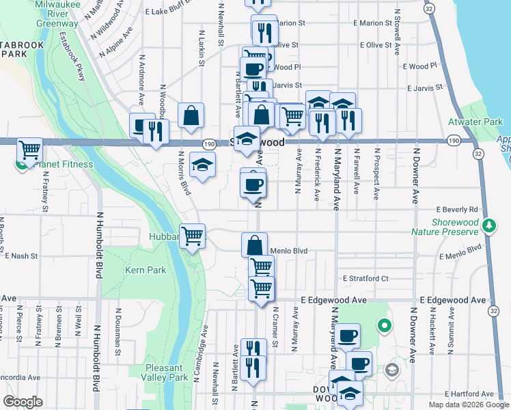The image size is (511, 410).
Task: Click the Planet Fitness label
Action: [61, 164]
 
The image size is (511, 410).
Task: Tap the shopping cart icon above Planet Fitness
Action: [29, 148]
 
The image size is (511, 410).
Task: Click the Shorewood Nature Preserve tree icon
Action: [488, 224]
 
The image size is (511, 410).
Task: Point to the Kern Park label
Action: [146, 270]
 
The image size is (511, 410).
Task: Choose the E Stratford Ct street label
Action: [365, 278]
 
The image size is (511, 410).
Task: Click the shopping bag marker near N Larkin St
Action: [191, 116]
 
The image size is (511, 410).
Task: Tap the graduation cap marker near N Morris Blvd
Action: [202, 165]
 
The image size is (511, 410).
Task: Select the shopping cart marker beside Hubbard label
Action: [193, 236]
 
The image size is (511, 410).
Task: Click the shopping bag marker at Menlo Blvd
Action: [254, 245]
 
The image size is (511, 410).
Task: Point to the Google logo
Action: [23, 402]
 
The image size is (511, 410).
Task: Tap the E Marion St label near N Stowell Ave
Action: [372, 23]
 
